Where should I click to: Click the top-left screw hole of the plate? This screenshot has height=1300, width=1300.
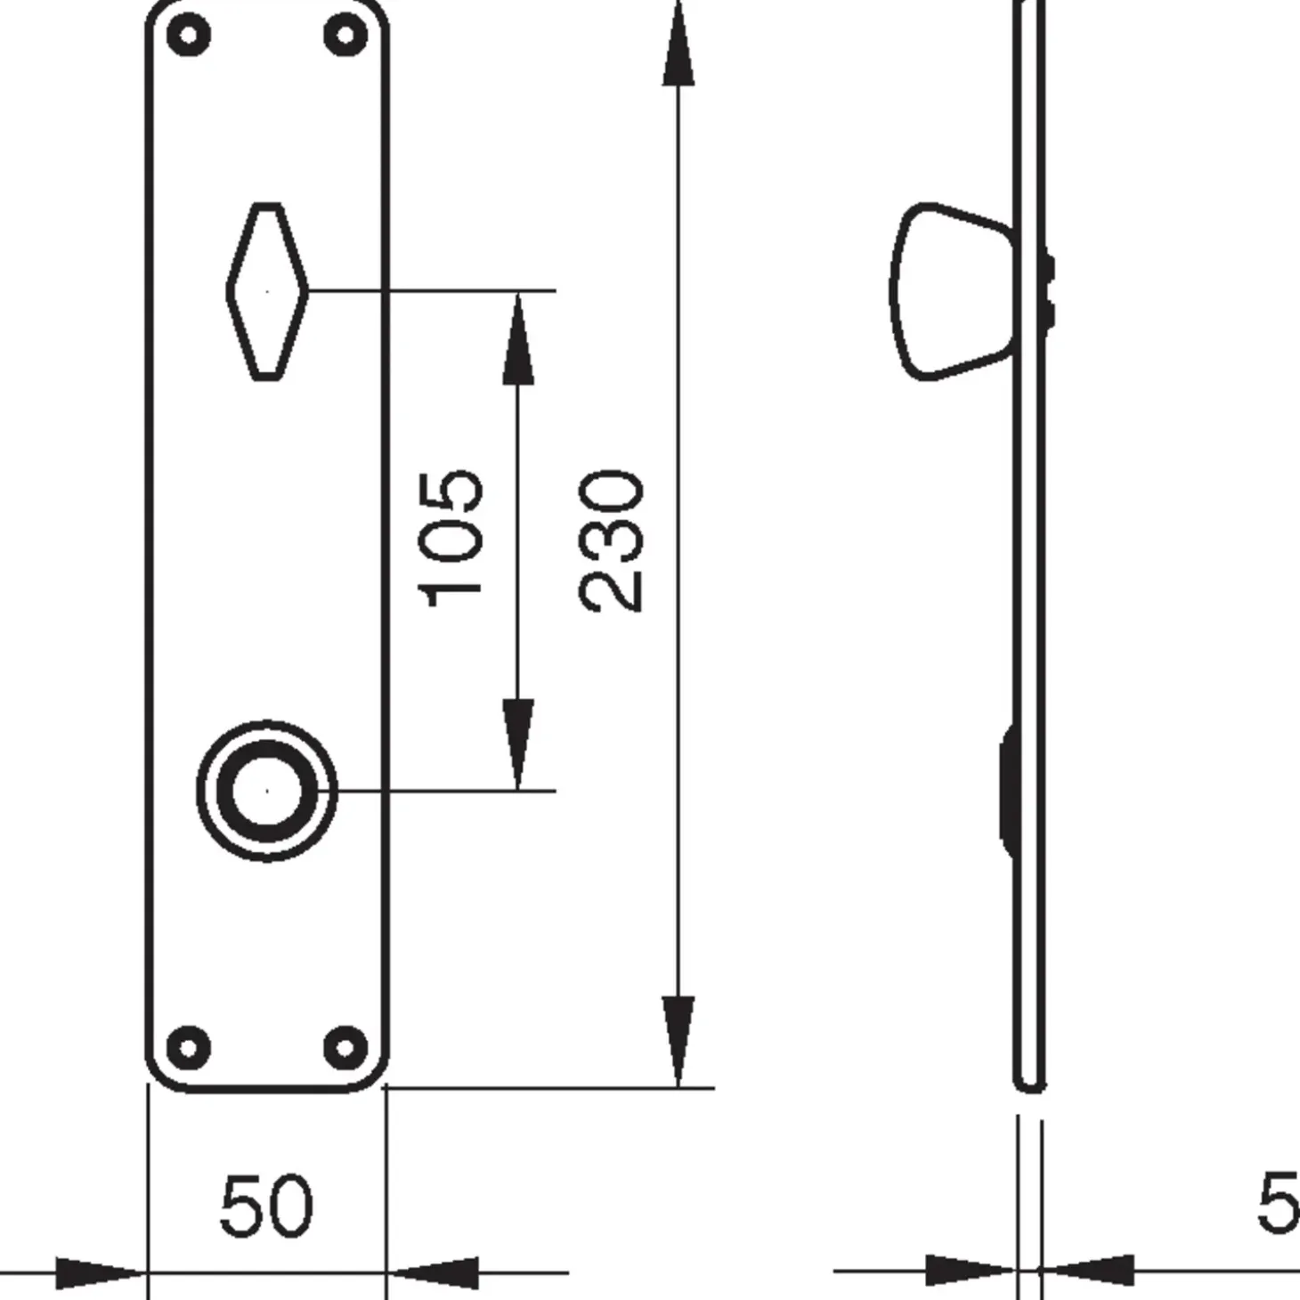coord(189,37)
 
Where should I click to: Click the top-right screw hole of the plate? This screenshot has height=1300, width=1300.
coord(345,37)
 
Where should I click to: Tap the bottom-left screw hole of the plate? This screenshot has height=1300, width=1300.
coord(189,1046)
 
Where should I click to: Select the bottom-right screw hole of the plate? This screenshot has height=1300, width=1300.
coord(345,1046)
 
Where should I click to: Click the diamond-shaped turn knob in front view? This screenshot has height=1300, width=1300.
coord(267,291)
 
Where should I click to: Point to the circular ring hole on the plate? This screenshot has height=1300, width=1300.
coord(267,791)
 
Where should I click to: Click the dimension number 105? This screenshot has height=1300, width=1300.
coord(451,539)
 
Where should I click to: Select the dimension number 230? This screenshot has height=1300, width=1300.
coord(611,540)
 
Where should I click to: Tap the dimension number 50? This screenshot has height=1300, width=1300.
coord(266,1207)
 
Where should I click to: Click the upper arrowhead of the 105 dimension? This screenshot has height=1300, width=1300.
coord(518,343)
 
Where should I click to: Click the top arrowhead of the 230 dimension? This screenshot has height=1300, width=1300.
coord(678,49)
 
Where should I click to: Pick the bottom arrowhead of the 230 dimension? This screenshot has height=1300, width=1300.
coord(678,1037)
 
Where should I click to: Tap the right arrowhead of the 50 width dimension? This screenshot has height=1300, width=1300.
coord(435,1272)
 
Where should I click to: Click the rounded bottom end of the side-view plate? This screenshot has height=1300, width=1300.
coord(1029,1082)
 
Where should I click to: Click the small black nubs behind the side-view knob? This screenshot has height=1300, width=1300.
coord(1049,289)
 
